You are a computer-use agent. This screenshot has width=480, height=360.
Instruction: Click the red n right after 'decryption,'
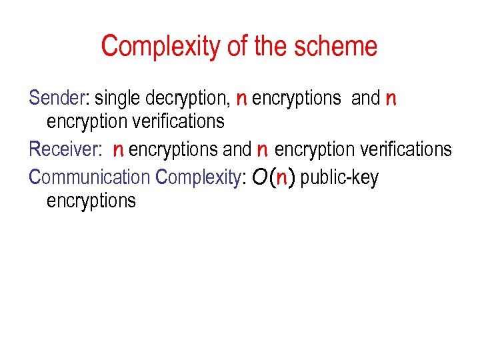(x=241, y=99)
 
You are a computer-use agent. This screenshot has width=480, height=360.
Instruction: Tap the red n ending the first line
(x=391, y=99)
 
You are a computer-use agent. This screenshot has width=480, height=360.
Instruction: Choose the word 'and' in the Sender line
(x=365, y=98)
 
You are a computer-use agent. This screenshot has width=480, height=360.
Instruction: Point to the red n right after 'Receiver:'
(x=118, y=150)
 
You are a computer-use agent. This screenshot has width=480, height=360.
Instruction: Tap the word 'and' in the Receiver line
(x=237, y=149)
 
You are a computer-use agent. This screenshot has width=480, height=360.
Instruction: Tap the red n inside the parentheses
(x=282, y=178)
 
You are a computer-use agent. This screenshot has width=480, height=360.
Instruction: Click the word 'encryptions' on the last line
(x=91, y=201)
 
